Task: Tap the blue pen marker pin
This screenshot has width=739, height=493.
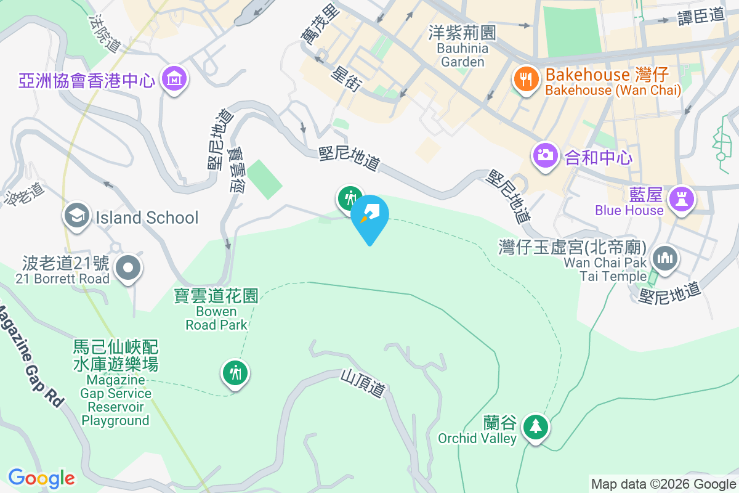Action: [370, 216]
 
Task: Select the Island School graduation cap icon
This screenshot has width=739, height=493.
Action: [77, 216]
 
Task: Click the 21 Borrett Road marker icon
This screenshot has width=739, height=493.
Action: [128, 268]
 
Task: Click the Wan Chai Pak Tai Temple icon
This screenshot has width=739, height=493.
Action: [665, 258]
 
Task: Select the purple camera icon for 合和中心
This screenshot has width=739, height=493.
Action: [545, 155]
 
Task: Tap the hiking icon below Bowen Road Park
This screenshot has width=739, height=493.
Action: [235, 373]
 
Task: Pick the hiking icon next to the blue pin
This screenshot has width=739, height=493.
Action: [350, 198]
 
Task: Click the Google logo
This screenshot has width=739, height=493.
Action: [41, 478]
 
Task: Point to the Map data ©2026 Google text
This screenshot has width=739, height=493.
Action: [664, 484]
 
